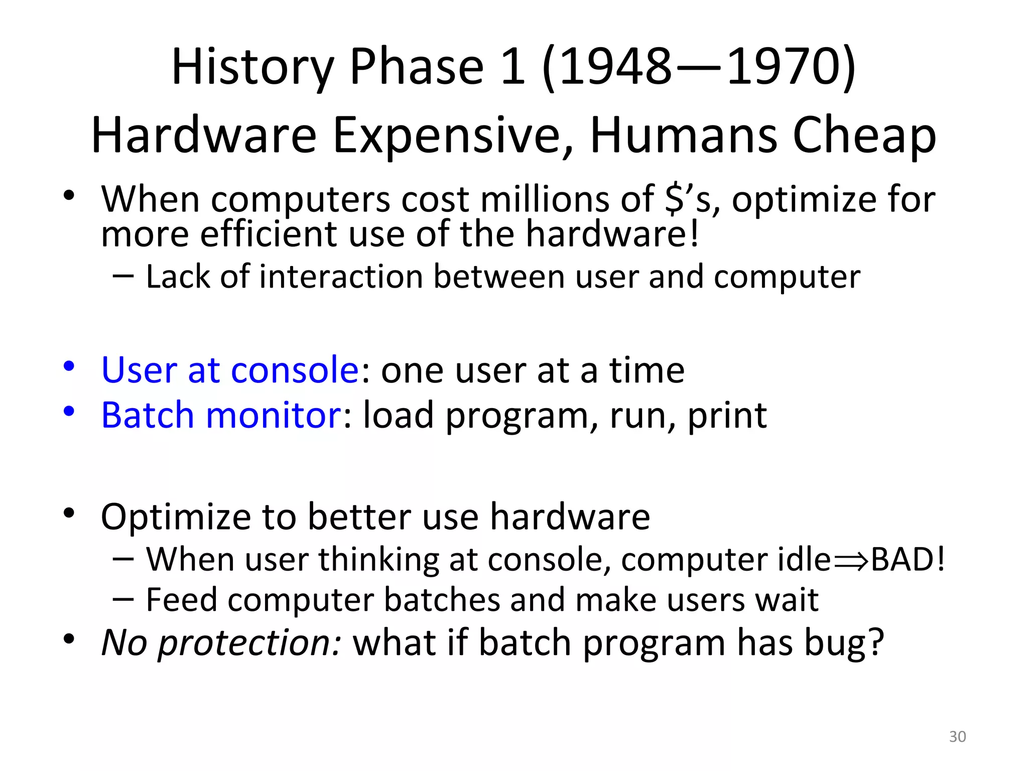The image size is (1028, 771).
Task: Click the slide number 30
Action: [957, 736]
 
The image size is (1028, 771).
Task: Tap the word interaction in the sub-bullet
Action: [341, 277]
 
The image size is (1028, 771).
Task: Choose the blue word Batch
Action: [147, 415]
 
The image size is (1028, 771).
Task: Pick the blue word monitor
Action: [274, 415]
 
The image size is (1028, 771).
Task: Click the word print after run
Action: [727, 416]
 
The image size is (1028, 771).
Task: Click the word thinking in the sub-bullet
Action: [378, 560]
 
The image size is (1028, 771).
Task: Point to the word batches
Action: [442, 600]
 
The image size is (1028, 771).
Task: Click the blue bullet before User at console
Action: [69, 366]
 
